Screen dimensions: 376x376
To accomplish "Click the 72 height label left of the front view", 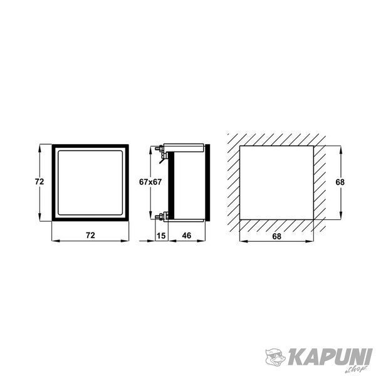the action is (x=39, y=182).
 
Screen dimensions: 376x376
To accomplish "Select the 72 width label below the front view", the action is (x=90, y=235).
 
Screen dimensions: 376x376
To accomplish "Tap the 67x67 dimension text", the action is (x=150, y=182).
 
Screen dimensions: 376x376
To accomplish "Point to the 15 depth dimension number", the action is (x=161, y=236).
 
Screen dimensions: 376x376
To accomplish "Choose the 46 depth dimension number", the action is (x=187, y=236).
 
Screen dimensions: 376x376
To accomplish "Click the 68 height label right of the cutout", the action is (x=340, y=182).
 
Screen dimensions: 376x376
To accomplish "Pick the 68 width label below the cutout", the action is (x=276, y=236).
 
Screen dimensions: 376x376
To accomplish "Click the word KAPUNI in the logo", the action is (x=330, y=357).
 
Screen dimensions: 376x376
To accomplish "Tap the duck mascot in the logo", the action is (x=275, y=357).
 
